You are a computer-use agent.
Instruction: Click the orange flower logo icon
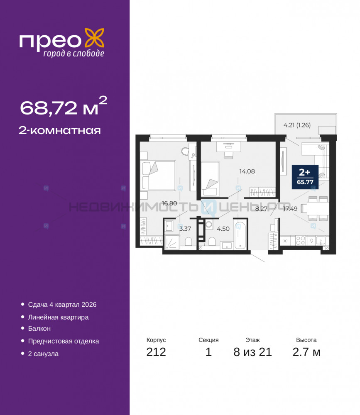tap(94, 38)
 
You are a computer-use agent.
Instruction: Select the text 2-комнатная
tap(60, 130)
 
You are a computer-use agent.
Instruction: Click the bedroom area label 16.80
tap(169, 203)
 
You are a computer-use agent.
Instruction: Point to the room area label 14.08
tap(247, 171)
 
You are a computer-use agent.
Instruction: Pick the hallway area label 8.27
tap(261, 209)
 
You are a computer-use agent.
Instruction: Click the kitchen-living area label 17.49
tap(290, 209)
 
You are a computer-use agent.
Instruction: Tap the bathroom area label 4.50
tap(223, 229)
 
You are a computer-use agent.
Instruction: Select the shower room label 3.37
tap(185, 229)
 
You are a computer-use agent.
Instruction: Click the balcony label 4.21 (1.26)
tap(297, 125)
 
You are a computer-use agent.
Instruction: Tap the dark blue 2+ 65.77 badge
tap(305, 177)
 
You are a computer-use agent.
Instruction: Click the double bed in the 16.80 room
tap(158, 175)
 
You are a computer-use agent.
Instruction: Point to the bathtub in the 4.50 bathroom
tap(240, 234)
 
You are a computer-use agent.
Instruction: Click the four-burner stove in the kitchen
tap(300, 241)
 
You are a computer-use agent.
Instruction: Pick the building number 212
tap(156, 352)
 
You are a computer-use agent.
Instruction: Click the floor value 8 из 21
tap(253, 352)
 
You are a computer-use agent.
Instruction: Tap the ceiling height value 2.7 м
tap(306, 352)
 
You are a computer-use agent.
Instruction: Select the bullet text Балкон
tap(39, 328)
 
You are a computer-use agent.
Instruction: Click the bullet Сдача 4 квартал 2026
tap(62, 305)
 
